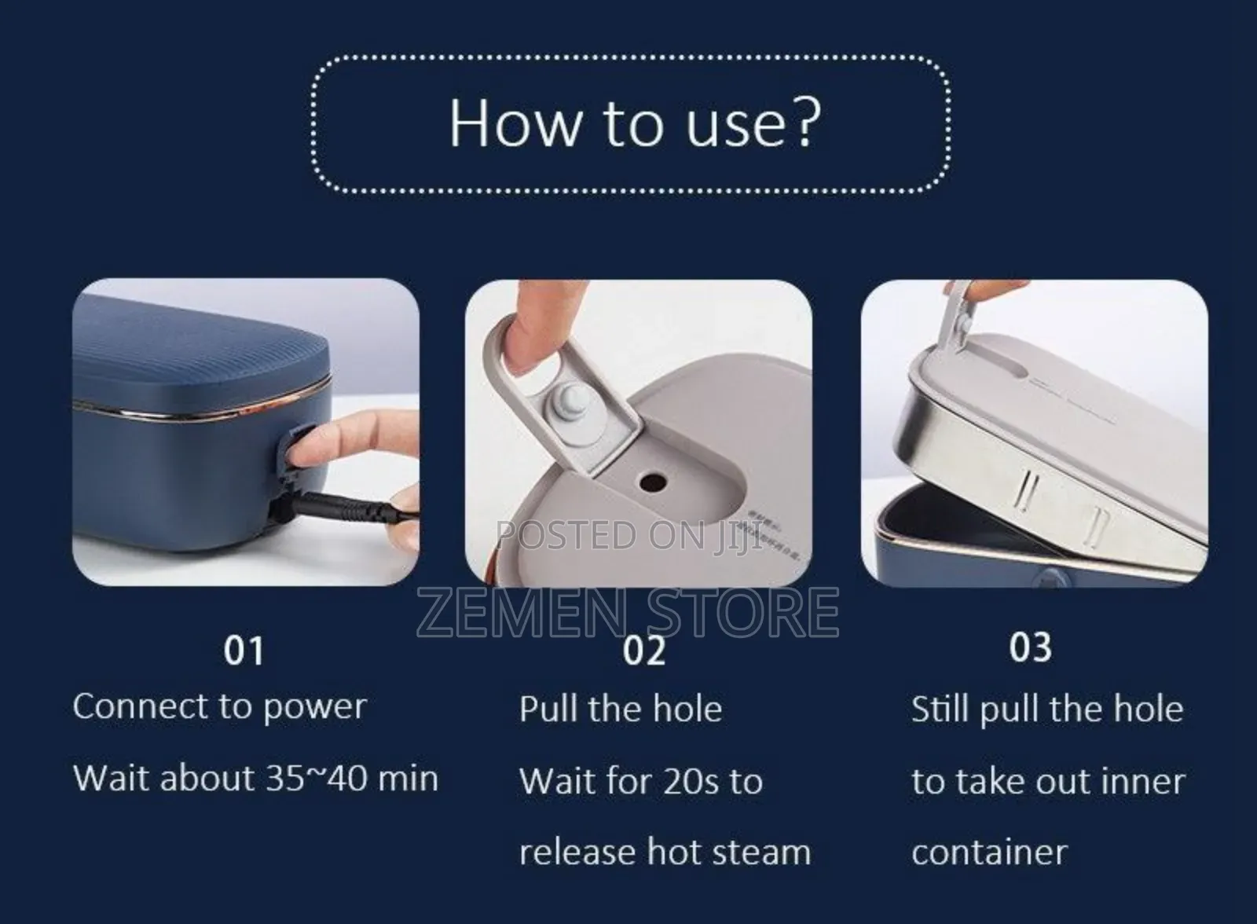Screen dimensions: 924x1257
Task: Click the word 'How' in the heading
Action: (514, 123)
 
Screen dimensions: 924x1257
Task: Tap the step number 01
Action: (244, 651)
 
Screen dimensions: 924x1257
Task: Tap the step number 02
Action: (644, 651)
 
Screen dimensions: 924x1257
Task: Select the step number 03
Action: (1030, 647)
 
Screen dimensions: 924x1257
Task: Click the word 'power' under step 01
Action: (314, 707)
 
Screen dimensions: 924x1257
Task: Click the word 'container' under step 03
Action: (988, 852)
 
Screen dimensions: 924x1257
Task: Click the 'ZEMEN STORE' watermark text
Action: (627, 614)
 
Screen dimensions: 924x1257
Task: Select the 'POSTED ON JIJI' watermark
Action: (628, 536)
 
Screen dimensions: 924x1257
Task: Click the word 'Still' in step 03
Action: (940, 709)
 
